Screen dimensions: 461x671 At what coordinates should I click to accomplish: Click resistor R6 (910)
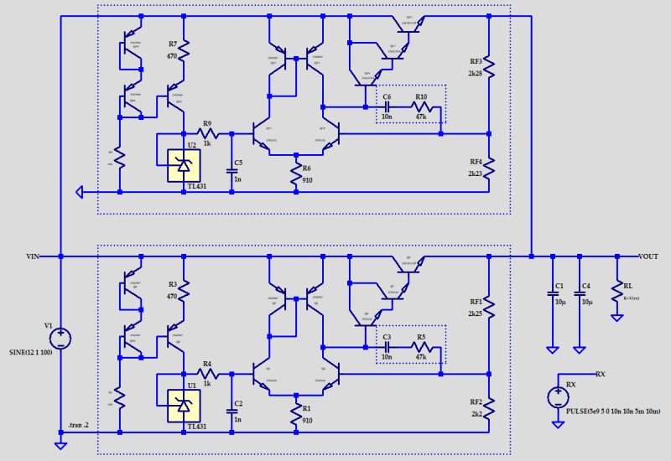click(296, 176)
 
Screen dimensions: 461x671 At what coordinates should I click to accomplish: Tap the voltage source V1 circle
click(60, 338)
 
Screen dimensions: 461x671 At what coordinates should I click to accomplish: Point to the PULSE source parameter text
click(614, 411)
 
